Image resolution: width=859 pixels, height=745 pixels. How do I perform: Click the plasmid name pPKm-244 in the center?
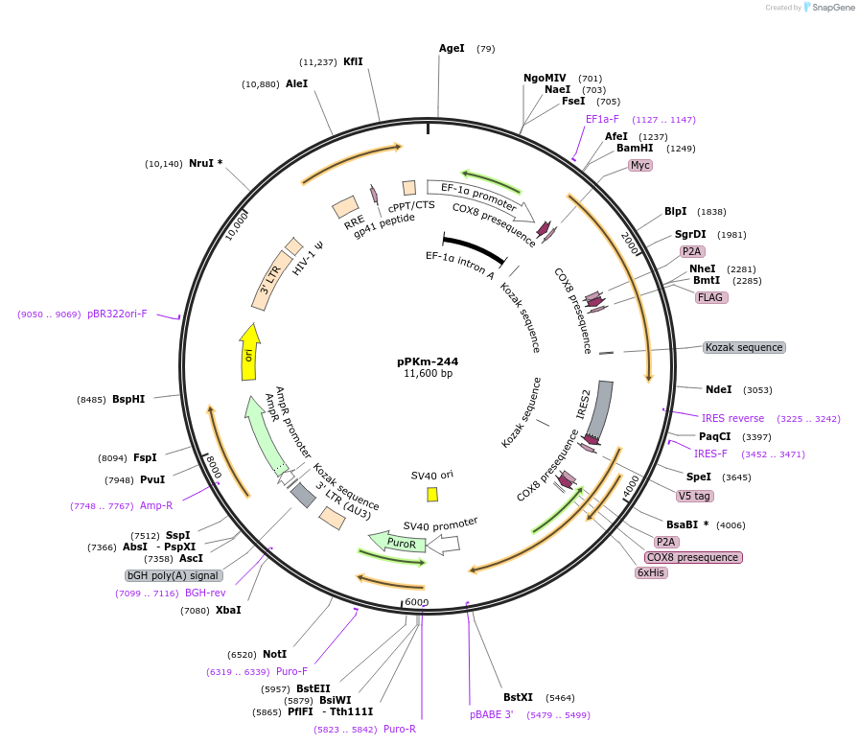tap(428, 361)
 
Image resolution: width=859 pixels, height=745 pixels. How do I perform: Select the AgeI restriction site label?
tap(452, 48)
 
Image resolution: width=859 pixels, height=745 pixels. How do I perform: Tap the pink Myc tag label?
tap(640, 165)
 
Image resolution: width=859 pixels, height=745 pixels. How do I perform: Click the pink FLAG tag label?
tap(710, 297)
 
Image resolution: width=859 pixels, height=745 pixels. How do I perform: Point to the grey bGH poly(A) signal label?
tap(174, 575)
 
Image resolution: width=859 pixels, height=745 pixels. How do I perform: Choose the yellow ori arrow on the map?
tap(249, 353)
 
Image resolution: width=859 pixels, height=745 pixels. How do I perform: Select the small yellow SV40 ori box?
tap(432, 494)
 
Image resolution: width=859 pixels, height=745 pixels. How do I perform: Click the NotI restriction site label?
tap(274, 654)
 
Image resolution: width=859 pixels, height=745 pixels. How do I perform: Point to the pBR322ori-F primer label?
tap(117, 314)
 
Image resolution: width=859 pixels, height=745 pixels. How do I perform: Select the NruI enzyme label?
tap(205, 163)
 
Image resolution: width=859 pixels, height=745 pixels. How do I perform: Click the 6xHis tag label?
tap(651, 572)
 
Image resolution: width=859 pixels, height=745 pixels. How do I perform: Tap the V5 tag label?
tap(694, 496)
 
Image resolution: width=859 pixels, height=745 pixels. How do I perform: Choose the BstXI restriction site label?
tap(518, 697)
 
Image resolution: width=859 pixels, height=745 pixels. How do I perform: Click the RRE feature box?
tap(345, 208)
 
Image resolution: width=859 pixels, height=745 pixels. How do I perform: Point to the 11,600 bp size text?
tap(428, 373)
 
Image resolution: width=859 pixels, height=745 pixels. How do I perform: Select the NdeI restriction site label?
tap(718, 389)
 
